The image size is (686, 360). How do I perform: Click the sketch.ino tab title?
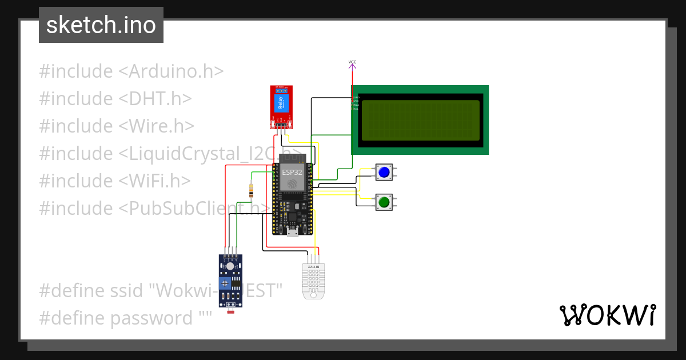point(101,25)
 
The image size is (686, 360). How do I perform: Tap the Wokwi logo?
point(607,315)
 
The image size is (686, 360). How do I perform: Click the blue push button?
point(384,171)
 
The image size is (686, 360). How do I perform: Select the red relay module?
point(281,107)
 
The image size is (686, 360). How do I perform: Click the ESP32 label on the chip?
point(292,172)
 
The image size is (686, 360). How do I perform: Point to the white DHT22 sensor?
point(313,281)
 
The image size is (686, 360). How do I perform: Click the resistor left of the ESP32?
point(251,191)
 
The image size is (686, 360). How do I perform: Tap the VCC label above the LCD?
point(352,62)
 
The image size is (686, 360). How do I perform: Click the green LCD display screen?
point(420,120)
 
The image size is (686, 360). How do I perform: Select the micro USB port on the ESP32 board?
point(293,232)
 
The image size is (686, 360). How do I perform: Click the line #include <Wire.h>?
point(117,126)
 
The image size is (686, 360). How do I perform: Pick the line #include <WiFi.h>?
point(115,181)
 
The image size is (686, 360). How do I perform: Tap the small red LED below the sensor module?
point(230,312)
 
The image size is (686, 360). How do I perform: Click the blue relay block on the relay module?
point(281,104)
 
